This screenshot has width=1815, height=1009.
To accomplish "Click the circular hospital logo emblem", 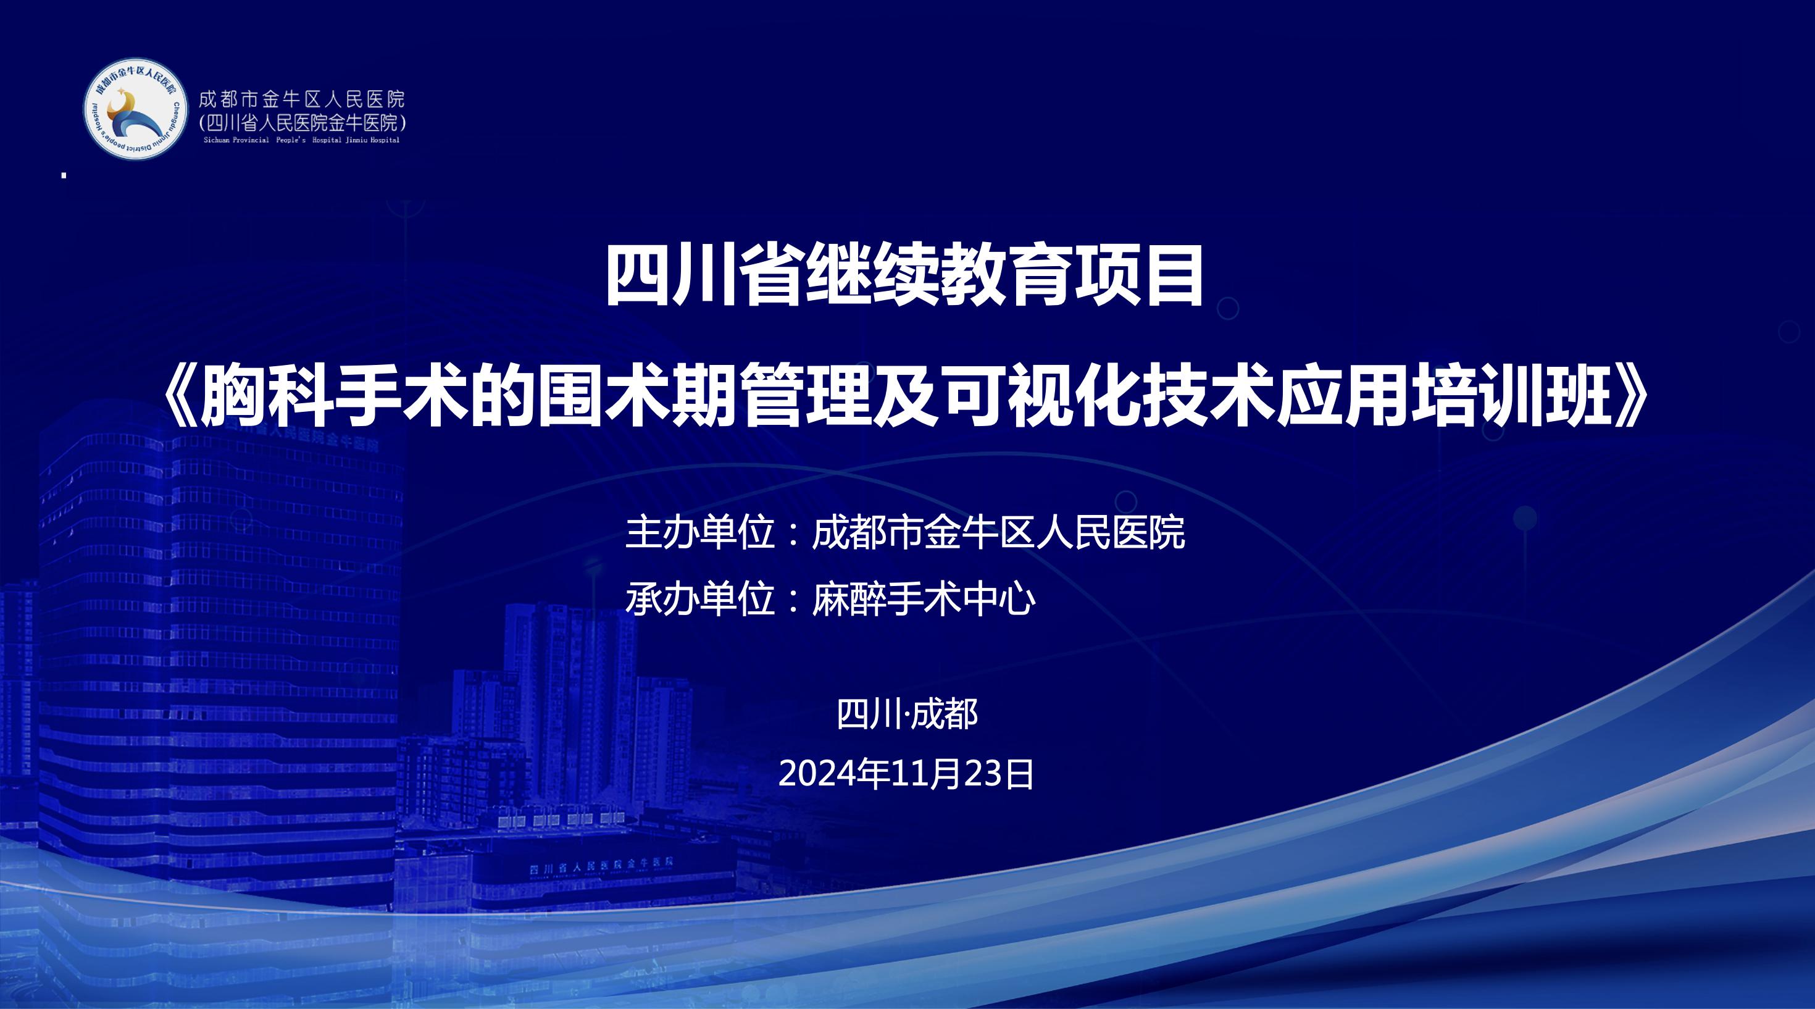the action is [x=136, y=109].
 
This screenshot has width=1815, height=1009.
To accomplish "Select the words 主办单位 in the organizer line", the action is [x=700, y=532].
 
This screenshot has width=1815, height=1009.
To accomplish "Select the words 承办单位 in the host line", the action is [x=700, y=599].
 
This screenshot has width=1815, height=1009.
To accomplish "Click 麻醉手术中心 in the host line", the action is [x=924, y=599].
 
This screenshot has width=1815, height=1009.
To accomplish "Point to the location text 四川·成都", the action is [x=907, y=714].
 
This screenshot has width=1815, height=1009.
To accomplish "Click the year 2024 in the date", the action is [x=817, y=774].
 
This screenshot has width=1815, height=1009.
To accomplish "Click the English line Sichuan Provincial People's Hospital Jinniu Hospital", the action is [x=301, y=140].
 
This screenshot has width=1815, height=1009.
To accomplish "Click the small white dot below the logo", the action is [x=64, y=175].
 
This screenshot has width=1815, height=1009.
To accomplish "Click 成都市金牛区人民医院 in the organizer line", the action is [x=998, y=532].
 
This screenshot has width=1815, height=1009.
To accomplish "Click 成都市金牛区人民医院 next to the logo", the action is [x=301, y=99].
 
